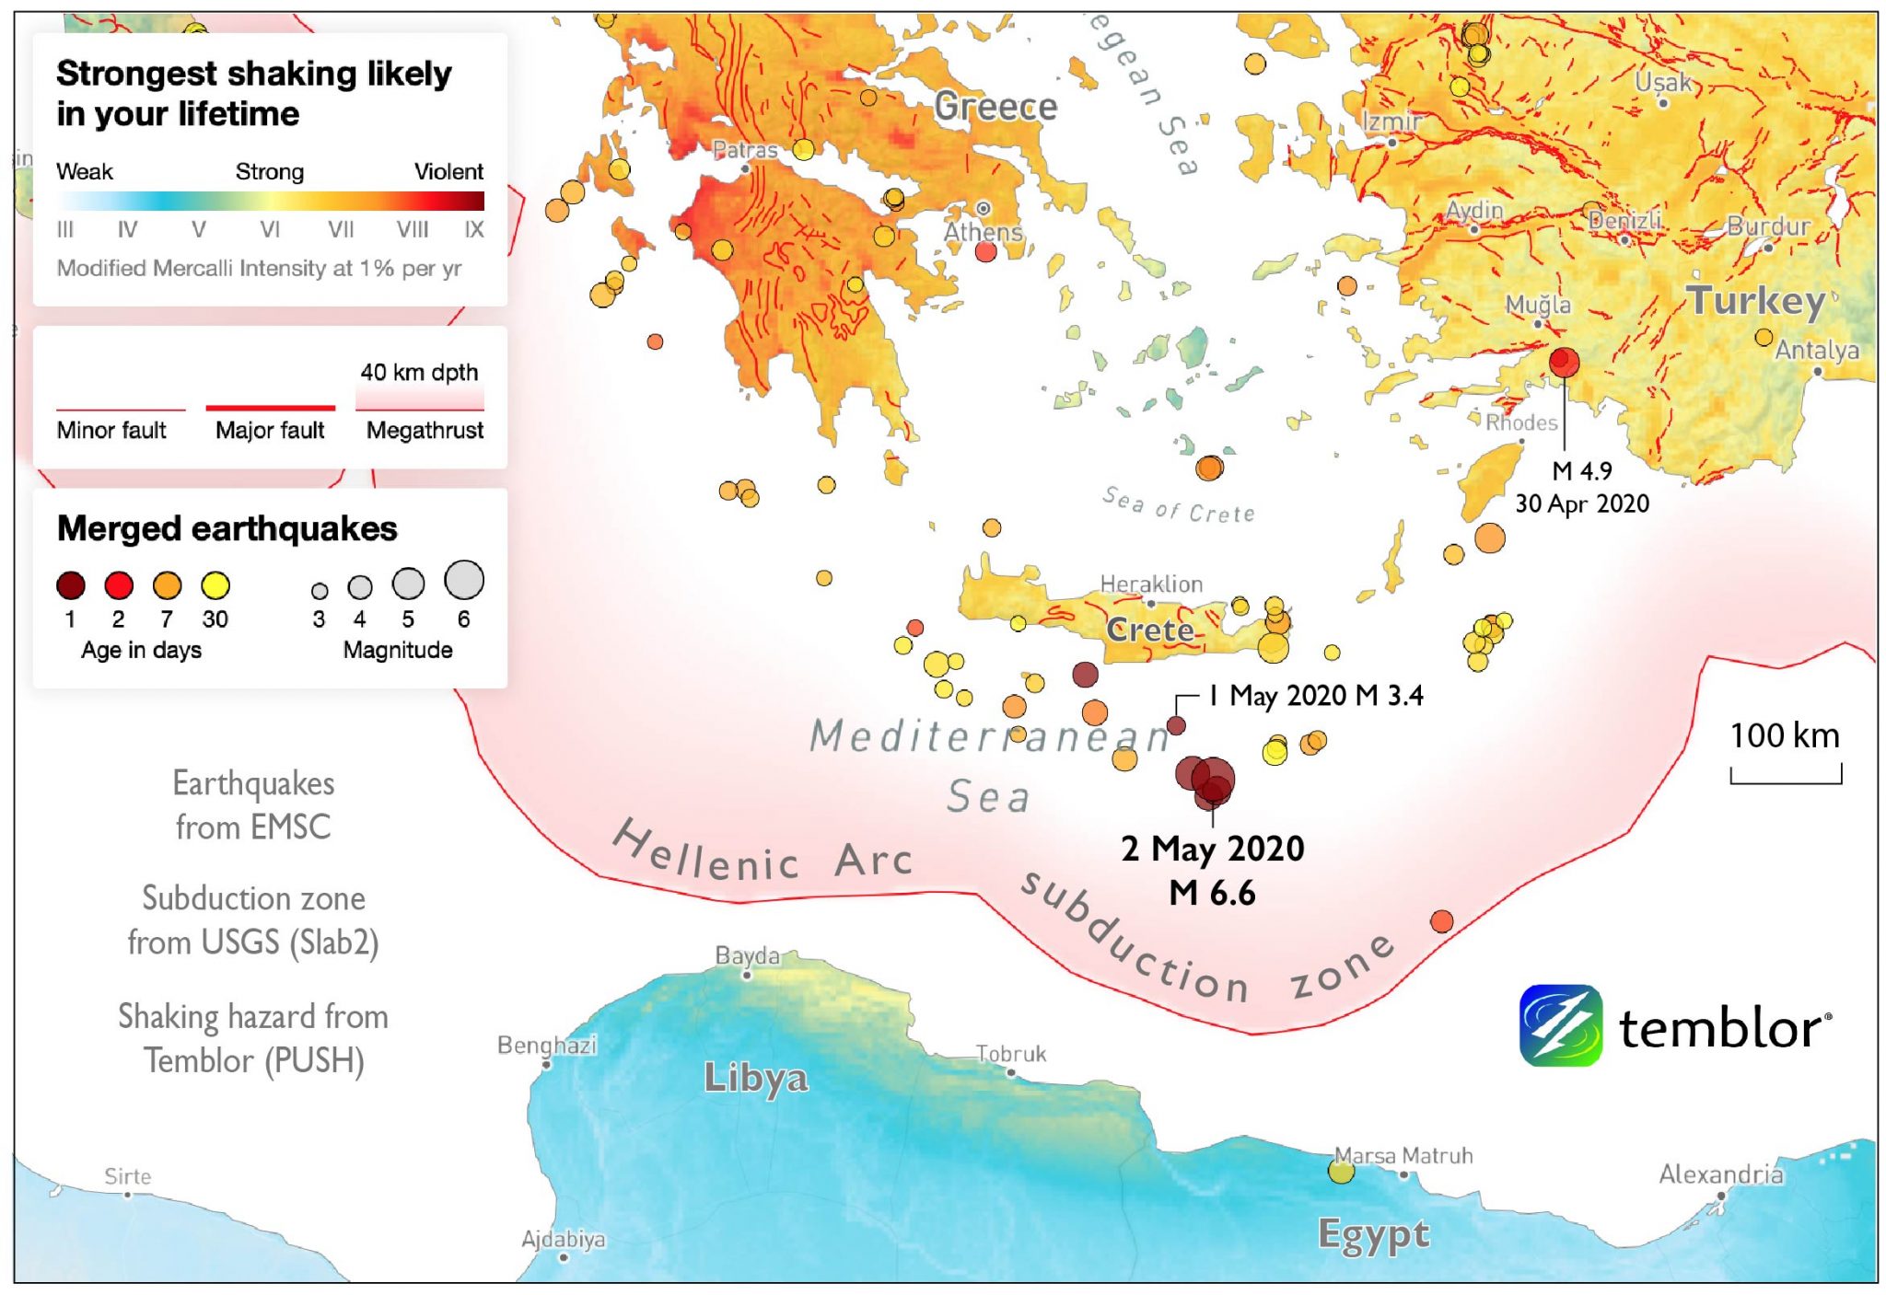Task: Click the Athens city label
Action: (x=983, y=232)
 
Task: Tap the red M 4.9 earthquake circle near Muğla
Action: (x=1563, y=361)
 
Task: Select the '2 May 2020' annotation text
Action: (x=1212, y=848)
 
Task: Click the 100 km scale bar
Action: (x=1785, y=776)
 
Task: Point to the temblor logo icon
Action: (x=1560, y=1025)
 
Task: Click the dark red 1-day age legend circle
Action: (x=71, y=585)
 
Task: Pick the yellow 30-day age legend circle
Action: (x=215, y=585)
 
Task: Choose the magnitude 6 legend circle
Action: (x=463, y=580)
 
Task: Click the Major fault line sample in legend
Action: (x=270, y=407)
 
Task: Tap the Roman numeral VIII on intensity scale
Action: (x=412, y=229)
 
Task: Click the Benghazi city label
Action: (x=546, y=1045)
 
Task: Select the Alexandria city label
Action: (x=1720, y=1174)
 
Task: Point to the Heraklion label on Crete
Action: (x=1151, y=584)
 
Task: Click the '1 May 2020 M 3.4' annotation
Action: (x=1316, y=695)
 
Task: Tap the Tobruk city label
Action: (x=1010, y=1053)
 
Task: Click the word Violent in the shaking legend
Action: (x=448, y=171)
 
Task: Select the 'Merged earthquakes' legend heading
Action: (x=227, y=528)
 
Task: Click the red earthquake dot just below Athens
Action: (x=985, y=252)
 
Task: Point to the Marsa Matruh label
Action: (x=1403, y=1155)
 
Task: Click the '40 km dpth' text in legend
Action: (x=419, y=372)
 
